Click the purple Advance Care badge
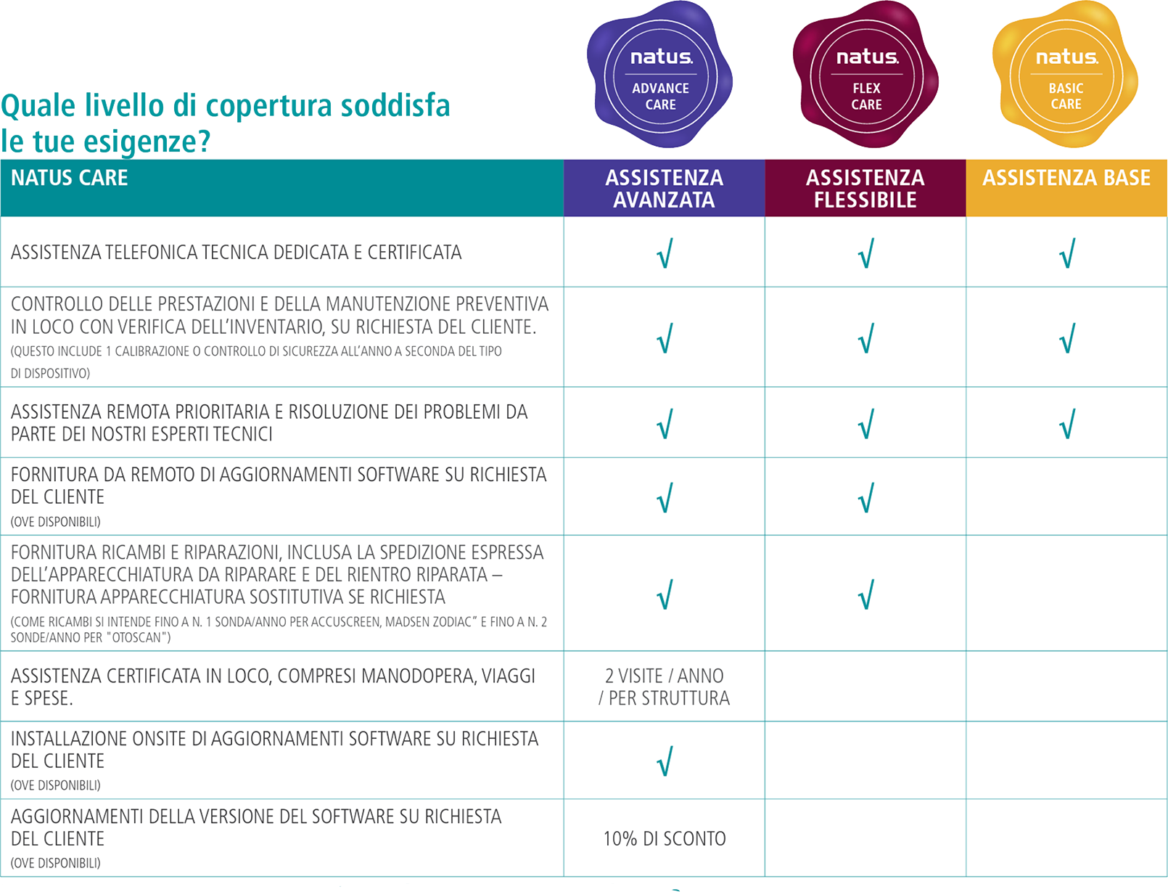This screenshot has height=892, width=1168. pyautogui.click(x=660, y=75)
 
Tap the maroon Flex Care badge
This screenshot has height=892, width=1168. pyautogui.click(x=866, y=75)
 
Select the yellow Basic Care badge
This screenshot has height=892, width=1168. pyautogui.click(x=1066, y=75)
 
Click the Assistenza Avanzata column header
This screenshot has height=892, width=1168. pyautogui.click(x=664, y=188)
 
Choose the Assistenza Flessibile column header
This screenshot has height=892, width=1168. pyautogui.click(x=865, y=188)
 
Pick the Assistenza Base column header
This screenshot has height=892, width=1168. pyautogui.click(x=1066, y=179)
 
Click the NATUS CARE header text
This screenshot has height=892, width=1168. pyautogui.click(x=70, y=179)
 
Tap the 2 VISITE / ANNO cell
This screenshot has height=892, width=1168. pyautogui.click(x=664, y=687)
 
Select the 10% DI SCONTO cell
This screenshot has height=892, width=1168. pyautogui.click(x=664, y=839)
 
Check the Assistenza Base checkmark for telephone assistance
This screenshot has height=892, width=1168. pyautogui.click(x=1066, y=253)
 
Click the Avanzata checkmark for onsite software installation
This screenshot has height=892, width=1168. pyautogui.click(x=665, y=761)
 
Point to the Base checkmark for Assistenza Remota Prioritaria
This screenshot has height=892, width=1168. pyautogui.click(x=1066, y=424)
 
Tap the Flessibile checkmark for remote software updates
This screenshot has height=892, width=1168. pyautogui.click(x=865, y=498)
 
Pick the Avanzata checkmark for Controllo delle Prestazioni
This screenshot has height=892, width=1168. pyautogui.click(x=665, y=338)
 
